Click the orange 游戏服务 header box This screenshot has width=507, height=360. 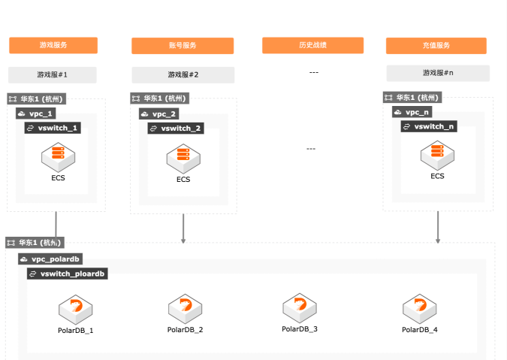click(53, 45)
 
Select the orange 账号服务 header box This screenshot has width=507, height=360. click(183, 46)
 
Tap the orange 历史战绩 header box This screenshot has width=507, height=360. click(313, 45)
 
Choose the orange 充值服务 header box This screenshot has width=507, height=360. click(436, 46)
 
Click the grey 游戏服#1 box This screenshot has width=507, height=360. click(53, 75)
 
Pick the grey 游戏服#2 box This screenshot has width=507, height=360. click(183, 75)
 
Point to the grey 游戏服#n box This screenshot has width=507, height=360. click(438, 74)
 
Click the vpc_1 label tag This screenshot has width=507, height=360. click(36, 113)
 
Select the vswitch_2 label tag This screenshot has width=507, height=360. click(176, 129)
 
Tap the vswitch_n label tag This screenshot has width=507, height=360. click(429, 126)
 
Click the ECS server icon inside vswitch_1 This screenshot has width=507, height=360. click(58, 157)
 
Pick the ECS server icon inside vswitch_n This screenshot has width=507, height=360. click(437, 156)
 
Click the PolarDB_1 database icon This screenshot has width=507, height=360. click(76, 310)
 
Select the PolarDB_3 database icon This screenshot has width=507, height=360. click(300, 308)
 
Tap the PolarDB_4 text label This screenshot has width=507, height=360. click(420, 330)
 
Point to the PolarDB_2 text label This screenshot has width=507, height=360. click(185, 330)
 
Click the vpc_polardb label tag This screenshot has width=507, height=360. click(50, 259)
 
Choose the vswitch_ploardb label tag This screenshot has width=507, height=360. click(68, 274)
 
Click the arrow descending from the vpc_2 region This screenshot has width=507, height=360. click(183, 228)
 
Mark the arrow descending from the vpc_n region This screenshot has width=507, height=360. click(438, 228)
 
